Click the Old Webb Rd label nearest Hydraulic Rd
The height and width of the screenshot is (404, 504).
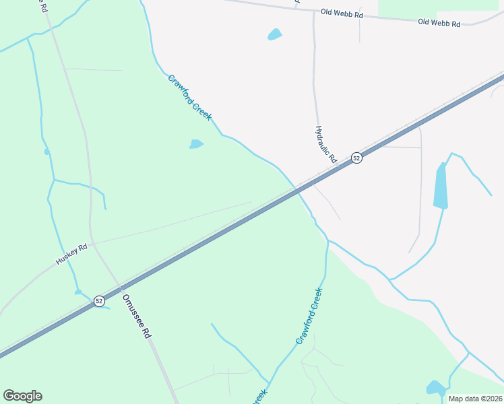tap(342, 13)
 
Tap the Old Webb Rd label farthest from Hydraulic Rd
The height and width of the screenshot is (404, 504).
tap(439, 22)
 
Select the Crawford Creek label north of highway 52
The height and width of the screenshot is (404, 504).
tap(190, 98)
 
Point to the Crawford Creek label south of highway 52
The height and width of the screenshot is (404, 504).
tap(309, 316)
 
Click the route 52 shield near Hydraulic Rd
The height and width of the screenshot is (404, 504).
tap(356, 158)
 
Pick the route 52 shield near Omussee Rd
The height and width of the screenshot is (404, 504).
tap(99, 300)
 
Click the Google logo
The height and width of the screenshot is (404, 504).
tap(22, 396)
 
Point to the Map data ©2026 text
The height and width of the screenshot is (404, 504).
tap(476, 399)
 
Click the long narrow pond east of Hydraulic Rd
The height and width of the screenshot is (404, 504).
tap(440, 187)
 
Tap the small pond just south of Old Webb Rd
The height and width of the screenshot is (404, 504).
tap(274, 34)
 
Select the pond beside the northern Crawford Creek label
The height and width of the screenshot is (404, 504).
tap(196, 143)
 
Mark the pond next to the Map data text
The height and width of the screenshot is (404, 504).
tap(435, 388)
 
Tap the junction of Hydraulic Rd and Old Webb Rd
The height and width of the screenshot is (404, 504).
tap(313, 11)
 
